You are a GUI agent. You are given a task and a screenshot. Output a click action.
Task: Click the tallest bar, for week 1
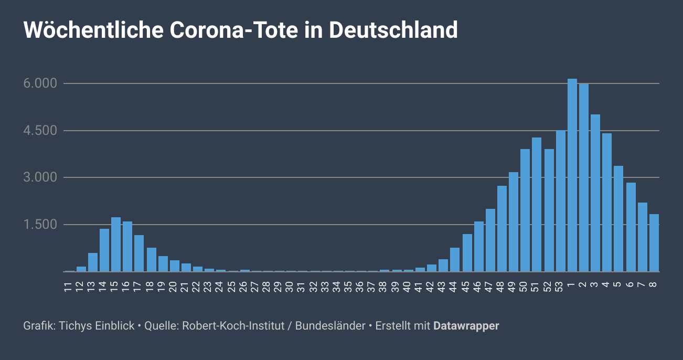click(x=572, y=175)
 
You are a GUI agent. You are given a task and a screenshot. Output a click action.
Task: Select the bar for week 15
click(x=116, y=245)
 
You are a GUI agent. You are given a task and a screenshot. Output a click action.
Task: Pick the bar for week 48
click(x=502, y=229)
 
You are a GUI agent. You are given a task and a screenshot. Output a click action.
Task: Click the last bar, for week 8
click(x=654, y=243)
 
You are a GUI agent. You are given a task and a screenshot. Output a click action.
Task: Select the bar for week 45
click(x=467, y=253)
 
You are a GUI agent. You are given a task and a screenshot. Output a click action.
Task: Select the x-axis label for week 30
click(x=290, y=287)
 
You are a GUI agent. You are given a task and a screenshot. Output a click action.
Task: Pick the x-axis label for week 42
click(x=430, y=287)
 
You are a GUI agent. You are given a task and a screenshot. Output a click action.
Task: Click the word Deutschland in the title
click(x=393, y=30)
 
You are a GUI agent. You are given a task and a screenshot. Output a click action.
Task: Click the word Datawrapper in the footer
click(x=466, y=326)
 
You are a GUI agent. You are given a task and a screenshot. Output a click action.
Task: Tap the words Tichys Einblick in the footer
click(x=97, y=326)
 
